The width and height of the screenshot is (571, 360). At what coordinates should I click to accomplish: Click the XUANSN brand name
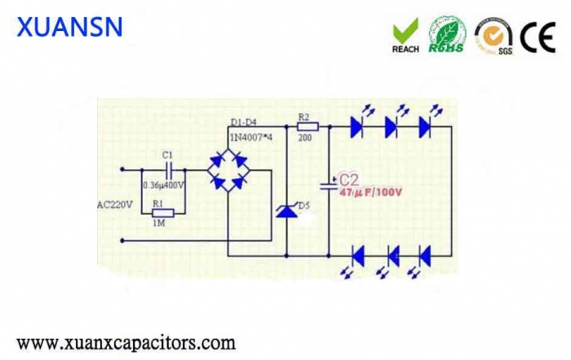[70, 27]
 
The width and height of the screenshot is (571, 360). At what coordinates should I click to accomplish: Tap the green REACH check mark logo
[405, 35]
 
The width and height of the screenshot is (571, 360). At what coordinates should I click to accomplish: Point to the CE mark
[538, 35]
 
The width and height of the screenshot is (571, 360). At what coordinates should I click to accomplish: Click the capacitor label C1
[167, 154]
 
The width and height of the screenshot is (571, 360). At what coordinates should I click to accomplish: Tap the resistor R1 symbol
[163, 212]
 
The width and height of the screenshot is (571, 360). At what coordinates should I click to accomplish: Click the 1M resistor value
[160, 223]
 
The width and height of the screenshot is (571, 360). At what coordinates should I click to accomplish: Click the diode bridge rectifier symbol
[227, 170]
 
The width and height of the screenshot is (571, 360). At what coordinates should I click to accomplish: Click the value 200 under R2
[306, 138]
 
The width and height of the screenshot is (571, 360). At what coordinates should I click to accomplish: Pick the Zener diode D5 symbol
[286, 211]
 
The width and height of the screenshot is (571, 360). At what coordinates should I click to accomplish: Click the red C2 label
[348, 179]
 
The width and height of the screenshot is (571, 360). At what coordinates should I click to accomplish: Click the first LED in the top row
[356, 126]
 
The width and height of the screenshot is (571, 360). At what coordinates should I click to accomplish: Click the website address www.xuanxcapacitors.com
[126, 342]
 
